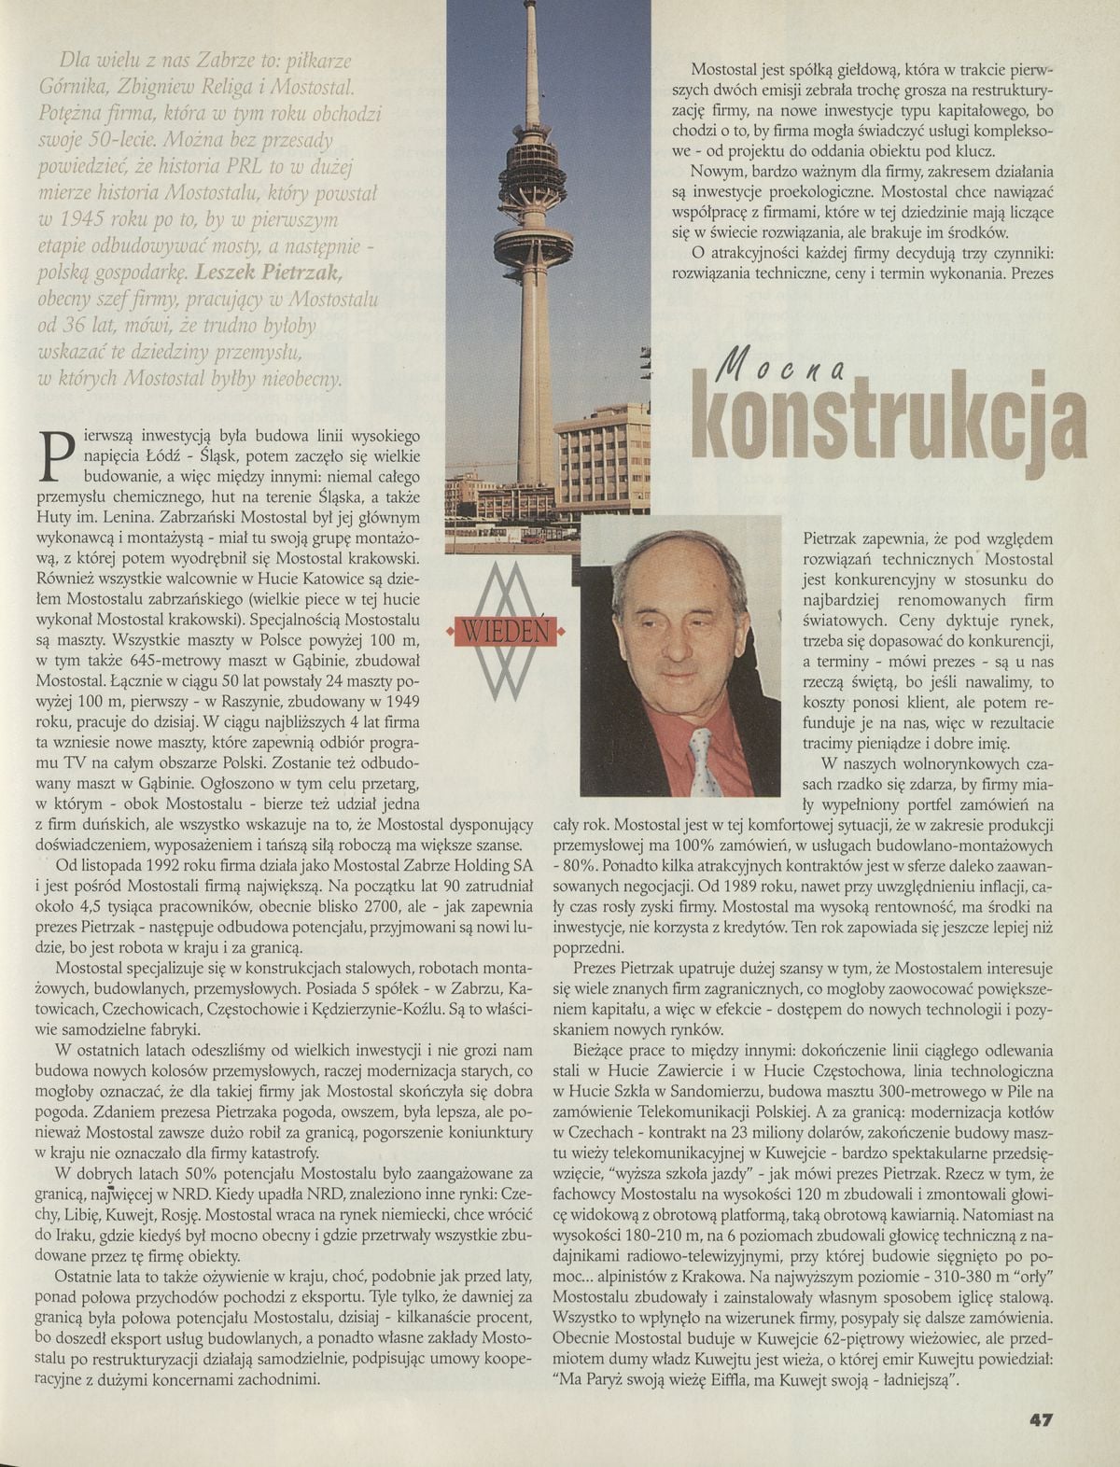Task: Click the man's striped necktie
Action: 701,757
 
